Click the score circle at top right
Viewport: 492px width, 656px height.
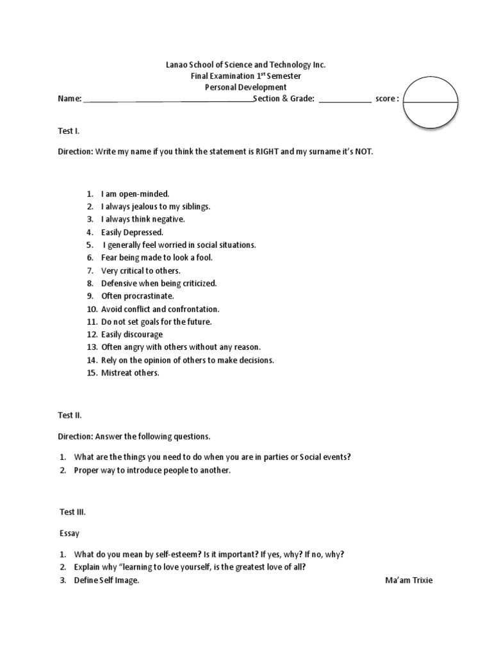click(x=430, y=102)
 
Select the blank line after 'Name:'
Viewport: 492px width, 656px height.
click(x=168, y=99)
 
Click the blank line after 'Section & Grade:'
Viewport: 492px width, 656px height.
click(x=344, y=99)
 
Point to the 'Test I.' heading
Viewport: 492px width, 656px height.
click(x=69, y=131)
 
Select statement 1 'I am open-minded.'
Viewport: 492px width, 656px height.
click(x=135, y=193)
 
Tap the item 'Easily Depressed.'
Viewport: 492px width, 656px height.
click(x=132, y=232)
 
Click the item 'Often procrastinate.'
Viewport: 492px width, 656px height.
click(x=137, y=296)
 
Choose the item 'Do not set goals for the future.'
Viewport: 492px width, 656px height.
click(x=156, y=322)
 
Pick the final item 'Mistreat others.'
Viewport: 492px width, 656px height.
click(x=130, y=373)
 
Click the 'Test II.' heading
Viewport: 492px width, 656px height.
click(x=70, y=415)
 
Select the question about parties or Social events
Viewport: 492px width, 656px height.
click(x=213, y=457)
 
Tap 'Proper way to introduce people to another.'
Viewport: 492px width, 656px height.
click(x=152, y=470)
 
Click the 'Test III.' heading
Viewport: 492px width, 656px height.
click(x=71, y=512)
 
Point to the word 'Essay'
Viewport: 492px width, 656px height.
click(x=69, y=532)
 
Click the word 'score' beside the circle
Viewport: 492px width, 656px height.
click(x=387, y=99)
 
